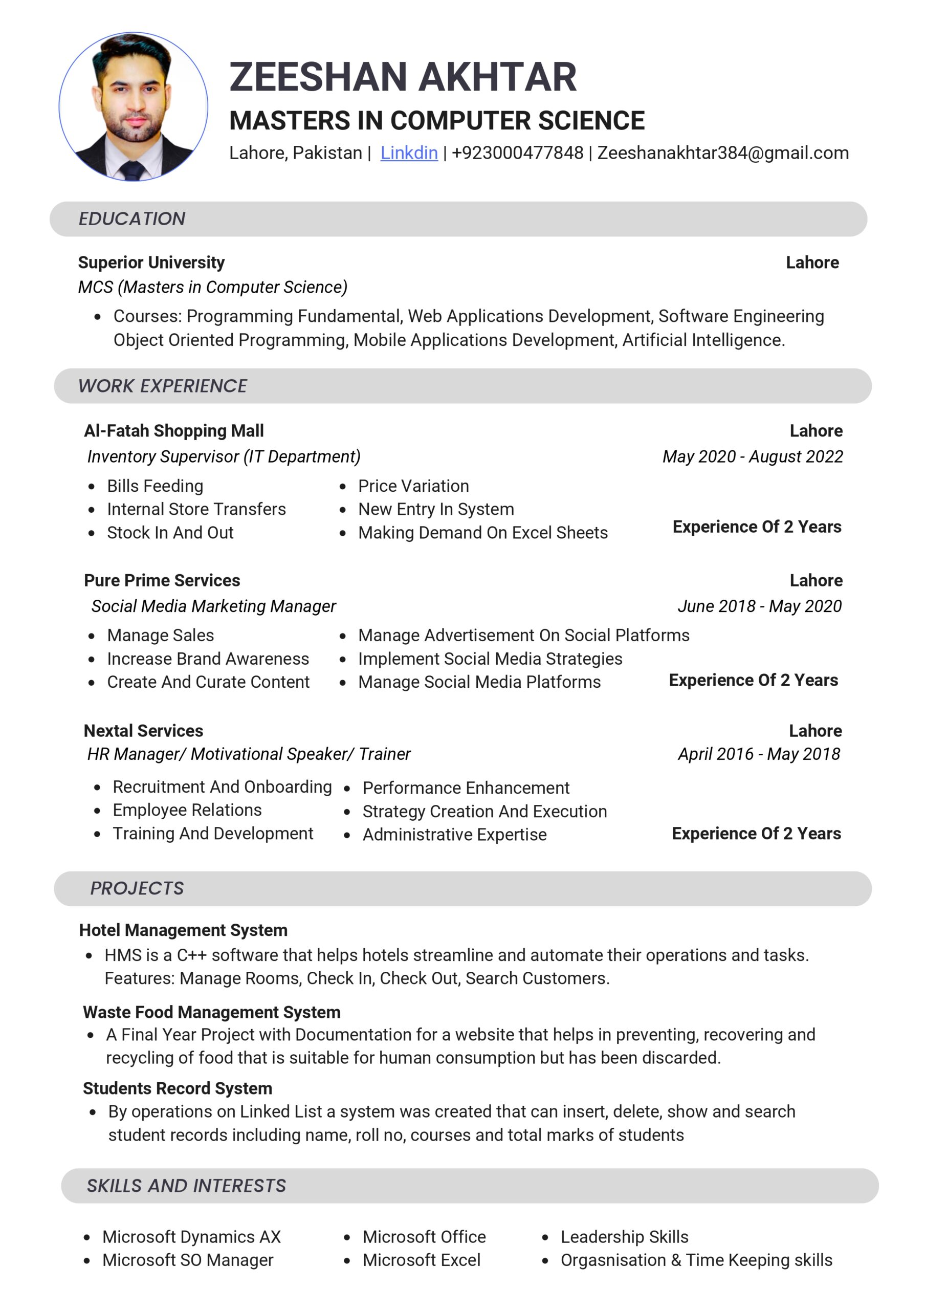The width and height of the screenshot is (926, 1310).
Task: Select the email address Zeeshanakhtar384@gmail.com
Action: click(723, 153)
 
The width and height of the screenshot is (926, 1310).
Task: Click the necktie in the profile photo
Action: click(133, 170)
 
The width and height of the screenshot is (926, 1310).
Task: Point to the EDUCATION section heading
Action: click(132, 219)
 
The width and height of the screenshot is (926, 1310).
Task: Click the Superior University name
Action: click(151, 263)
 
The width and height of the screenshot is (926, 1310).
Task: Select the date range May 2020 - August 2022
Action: click(753, 456)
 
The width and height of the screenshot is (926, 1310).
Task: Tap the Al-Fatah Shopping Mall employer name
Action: click(173, 431)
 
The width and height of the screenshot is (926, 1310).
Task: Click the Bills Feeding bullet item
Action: click(155, 486)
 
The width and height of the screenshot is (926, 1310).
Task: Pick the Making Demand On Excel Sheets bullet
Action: click(482, 533)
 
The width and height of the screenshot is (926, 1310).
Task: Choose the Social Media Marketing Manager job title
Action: click(213, 606)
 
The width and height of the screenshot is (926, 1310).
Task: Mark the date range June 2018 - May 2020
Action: click(759, 606)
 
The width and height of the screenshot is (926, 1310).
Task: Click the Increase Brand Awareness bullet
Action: click(208, 659)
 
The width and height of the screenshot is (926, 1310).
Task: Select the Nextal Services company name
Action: click(143, 731)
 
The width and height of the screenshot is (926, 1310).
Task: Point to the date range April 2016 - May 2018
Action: click(759, 754)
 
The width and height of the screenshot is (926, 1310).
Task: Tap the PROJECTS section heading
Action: click(137, 888)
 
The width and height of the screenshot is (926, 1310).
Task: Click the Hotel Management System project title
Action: click(183, 931)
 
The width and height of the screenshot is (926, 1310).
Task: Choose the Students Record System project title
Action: click(178, 1088)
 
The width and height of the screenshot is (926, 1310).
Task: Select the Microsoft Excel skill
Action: click(422, 1260)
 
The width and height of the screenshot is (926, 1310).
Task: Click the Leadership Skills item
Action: click(624, 1237)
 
